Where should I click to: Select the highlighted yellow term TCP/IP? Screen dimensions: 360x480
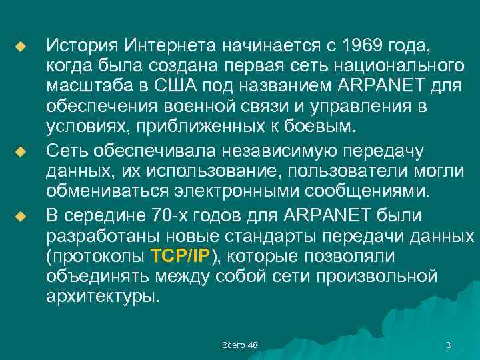[181, 256]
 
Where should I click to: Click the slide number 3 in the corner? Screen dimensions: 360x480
[448, 345]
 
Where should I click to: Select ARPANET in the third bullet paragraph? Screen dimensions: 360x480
[329, 215]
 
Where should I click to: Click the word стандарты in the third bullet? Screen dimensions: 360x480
[267, 235]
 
